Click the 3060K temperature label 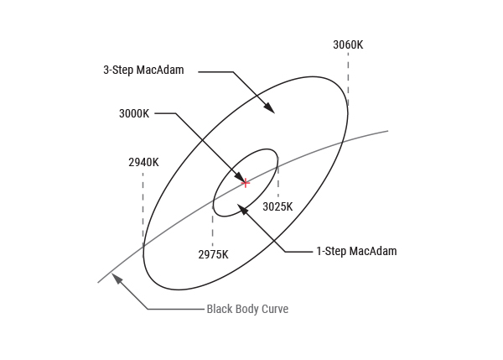(x=348, y=45)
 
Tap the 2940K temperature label (x=143, y=163)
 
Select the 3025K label (x=277, y=206)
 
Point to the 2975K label (x=213, y=254)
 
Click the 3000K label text (x=134, y=113)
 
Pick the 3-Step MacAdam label (x=143, y=70)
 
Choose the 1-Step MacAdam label (x=356, y=251)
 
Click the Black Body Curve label (x=247, y=309)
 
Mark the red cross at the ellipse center (x=246, y=183)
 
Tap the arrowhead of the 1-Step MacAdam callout (x=242, y=210)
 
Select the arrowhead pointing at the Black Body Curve (x=117, y=279)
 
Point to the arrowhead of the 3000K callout (x=239, y=176)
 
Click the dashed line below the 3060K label (x=348, y=79)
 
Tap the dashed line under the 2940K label (x=143, y=215)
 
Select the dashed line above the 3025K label (x=278, y=177)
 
